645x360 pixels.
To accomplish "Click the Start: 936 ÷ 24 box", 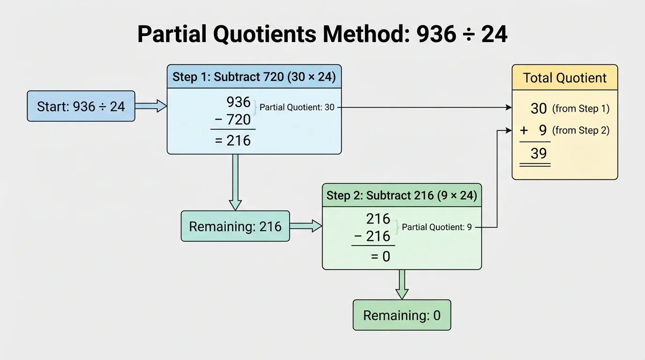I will click(x=81, y=106).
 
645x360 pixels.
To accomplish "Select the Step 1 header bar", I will click(x=254, y=77).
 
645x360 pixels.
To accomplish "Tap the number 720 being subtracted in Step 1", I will click(x=238, y=120).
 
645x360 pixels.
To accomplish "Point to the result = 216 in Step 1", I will click(x=233, y=140).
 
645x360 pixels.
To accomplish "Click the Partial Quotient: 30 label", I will click(x=297, y=107).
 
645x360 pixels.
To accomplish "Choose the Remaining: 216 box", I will click(x=235, y=226).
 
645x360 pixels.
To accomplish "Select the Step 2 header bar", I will click(x=402, y=195).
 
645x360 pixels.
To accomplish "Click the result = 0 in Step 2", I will click(x=381, y=256).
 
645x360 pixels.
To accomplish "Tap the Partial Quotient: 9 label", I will click(x=437, y=227).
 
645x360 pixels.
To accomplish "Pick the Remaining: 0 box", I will click(x=402, y=315).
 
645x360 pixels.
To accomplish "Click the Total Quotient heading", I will click(x=564, y=78).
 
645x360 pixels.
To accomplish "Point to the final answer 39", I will click(x=539, y=153).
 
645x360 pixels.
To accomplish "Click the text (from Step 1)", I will click(x=581, y=109).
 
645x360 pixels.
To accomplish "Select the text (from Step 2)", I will click(x=581, y=130).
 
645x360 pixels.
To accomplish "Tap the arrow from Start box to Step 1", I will click(x=150, y=106).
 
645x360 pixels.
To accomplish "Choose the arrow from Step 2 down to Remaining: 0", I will click(x=402, y=284).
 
